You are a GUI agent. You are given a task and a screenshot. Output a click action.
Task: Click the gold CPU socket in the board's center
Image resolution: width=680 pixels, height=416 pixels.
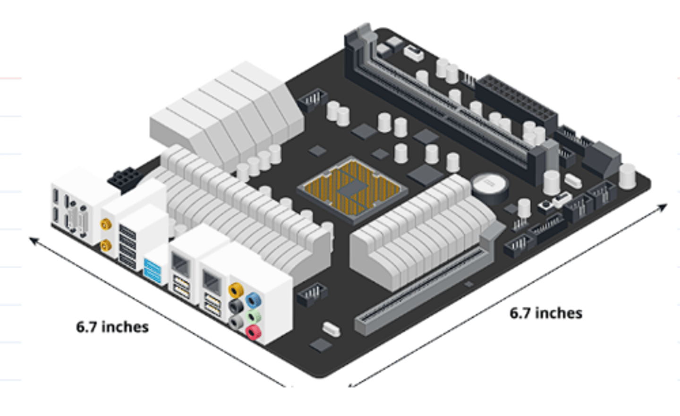[x=352, y=188]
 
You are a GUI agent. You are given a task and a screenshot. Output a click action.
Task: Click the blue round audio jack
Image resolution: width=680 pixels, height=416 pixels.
[x=253, y=300]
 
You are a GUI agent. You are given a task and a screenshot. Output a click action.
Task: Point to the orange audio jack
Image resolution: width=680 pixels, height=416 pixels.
[x=236, y=289]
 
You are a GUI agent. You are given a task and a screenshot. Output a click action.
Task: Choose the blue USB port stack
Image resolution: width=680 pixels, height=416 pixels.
[x=153, y=271]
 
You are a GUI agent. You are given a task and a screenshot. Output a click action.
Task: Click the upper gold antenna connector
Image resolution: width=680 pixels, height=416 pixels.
[x=106, y=223]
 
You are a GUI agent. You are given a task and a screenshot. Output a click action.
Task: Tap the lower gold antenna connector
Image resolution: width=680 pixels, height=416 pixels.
[x=106, y=245]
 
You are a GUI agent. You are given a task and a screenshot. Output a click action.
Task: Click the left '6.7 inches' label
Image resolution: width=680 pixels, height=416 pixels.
[x=112, y=327]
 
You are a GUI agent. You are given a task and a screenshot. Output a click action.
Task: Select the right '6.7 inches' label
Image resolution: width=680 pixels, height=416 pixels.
[x=545, y=313]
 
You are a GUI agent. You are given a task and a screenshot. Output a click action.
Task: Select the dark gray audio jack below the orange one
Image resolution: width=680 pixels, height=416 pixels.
[x=236, y=306]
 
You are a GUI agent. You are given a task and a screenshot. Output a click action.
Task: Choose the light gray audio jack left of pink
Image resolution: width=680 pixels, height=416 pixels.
[x=236, y=322]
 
